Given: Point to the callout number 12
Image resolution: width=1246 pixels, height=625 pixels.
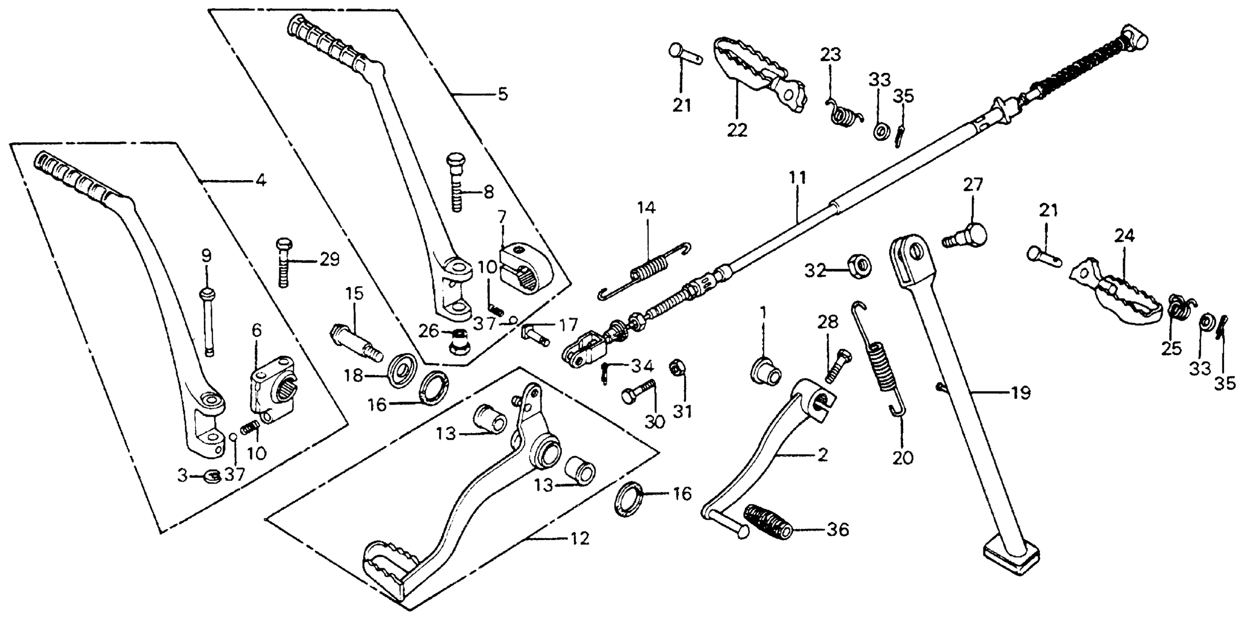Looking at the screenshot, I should [580, 538].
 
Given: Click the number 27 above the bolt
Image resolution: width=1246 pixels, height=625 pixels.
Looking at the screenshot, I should [973, 185].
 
